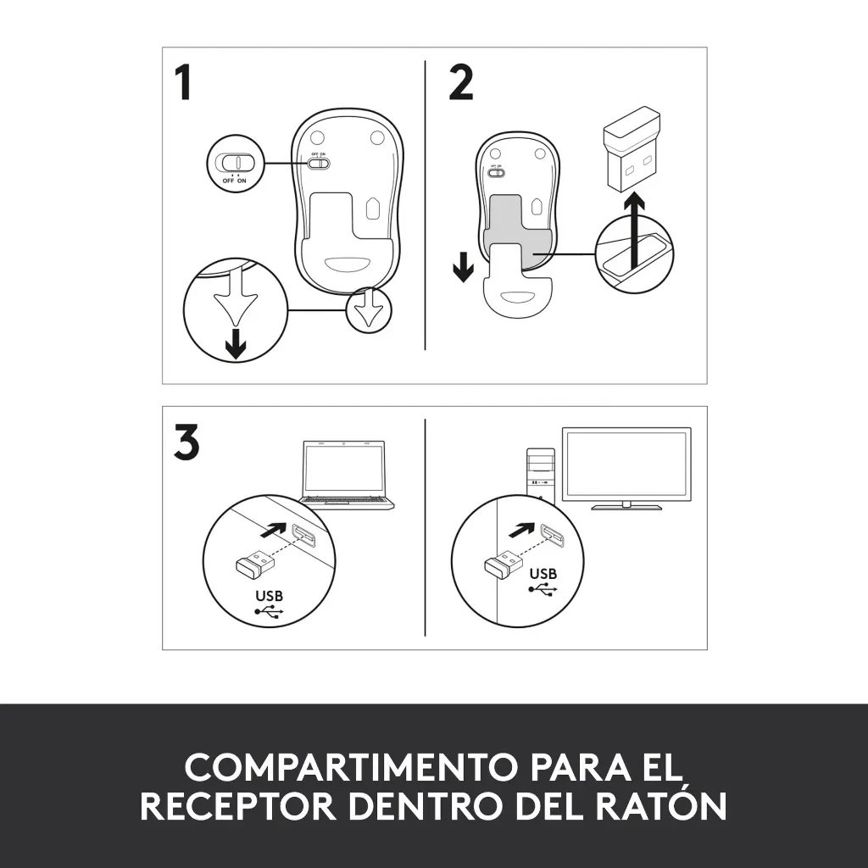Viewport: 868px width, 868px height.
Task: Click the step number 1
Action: tap(183, 83)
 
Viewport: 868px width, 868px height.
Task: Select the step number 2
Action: tap(460, 83)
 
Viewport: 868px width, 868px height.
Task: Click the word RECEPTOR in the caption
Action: tap(238, 805)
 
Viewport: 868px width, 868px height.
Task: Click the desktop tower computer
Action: tap(542, 470)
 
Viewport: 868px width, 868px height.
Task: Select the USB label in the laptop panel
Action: tap(268, 596)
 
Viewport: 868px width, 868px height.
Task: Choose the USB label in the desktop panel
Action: tap(543, 574)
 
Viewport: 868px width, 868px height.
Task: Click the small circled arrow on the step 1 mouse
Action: tap(369, 309)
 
